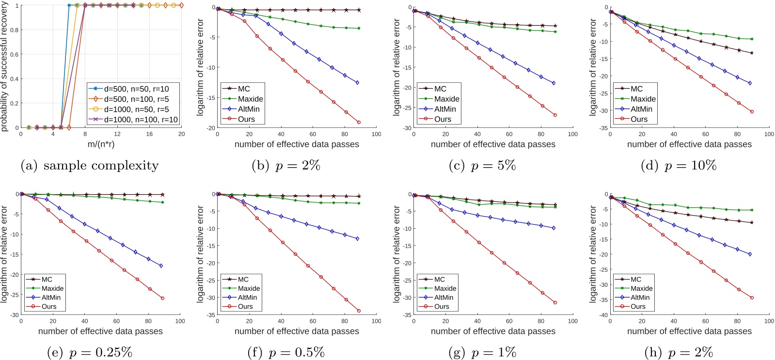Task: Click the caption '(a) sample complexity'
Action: (x=90, y=166)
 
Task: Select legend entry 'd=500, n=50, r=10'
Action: (x=136, y=89)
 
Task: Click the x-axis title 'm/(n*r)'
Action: (x=101, y=144)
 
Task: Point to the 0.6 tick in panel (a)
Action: (x=15, y=54)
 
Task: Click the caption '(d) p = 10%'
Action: (x=678, y=166)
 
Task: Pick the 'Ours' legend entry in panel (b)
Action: (x=246, y=119)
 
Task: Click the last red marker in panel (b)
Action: (x=359, y=122)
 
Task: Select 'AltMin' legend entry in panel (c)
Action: (x=445, y=109)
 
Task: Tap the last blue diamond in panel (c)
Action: (x=554, y=83)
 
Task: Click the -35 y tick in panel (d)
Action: (x=603, y=128)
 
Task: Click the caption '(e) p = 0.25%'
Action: (x=90, y=353)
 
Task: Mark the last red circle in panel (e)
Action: (x=162, y=298)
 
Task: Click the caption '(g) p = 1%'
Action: (x=482, y=353)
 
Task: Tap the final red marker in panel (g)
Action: (x=555, y=302)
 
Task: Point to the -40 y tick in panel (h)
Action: (x=603, y=315)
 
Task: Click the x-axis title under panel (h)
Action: (x=689, y=331)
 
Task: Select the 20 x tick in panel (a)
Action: (x=181, y=134)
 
